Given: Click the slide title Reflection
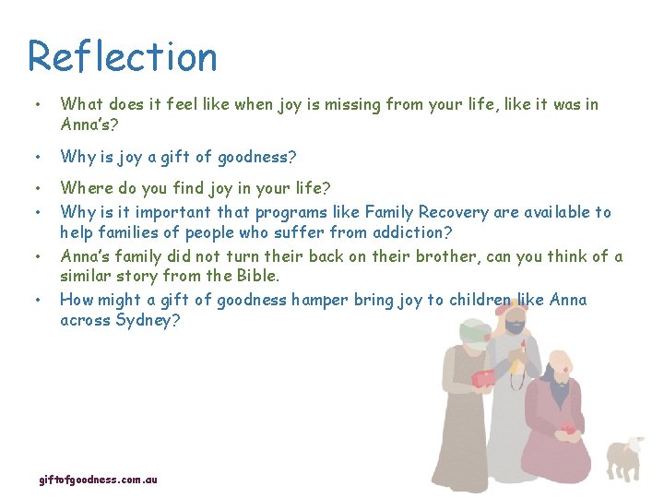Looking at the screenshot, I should pos(123,56).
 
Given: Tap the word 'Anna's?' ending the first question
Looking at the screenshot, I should pos(90,125).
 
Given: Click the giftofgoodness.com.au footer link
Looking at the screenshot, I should pos(98,480).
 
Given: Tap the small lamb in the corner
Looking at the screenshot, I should pos(625,457).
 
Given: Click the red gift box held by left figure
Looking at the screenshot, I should pos(485,378).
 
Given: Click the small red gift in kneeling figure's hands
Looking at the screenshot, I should pos(569,428).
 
